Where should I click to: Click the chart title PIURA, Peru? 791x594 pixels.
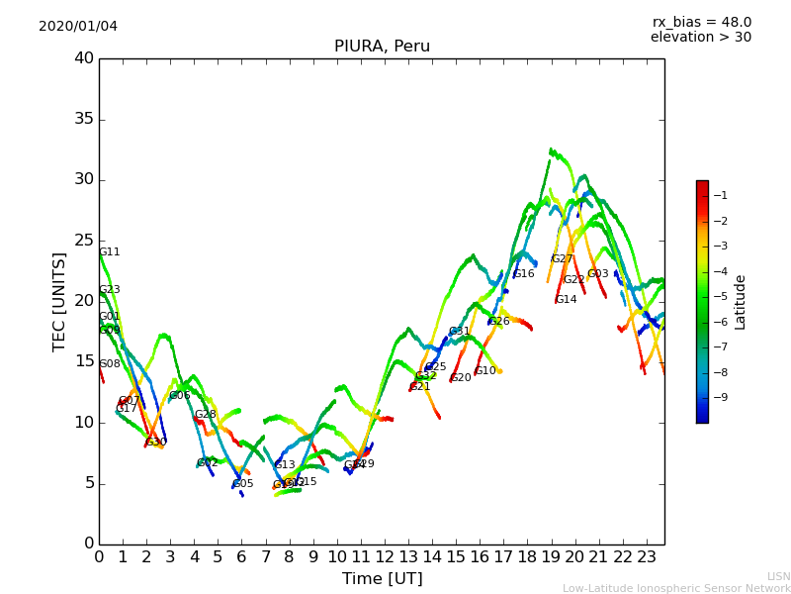pyautogui.click(x=382, y=47)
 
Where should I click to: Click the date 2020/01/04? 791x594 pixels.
pyautogui.click(x=78, y=27)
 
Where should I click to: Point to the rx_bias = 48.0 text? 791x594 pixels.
pyautogui.click(x=701, y=22)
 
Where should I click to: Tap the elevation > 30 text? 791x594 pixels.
pyautogui.click(x=700, y=38)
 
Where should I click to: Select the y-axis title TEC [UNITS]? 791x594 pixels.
pyautogui.click(x=59, y=301)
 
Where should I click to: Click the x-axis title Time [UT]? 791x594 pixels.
pyautogui.click(x=382, y=578)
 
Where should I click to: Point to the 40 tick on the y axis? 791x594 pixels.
pyautogui.click(x=84, y=58)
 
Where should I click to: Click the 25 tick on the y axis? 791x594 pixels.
pyautogui.click(x=84, y=241)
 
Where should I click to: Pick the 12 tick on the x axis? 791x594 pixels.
pyautogui.click(x=385, y=557)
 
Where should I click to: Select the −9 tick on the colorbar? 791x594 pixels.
pyautogui.click(x=721, y=397)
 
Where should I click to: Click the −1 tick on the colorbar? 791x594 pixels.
pyautogui.click(x=721, y=195)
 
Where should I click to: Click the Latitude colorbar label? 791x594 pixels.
pyautogui.click(x=740, y=301)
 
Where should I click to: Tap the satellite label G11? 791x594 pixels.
pyautogui.click(x=109, y=252)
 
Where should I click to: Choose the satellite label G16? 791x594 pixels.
pyautogui.click(x=523, y=274)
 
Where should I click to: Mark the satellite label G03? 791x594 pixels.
pyautogui.click(x=598, y=274)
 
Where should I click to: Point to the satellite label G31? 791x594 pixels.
pyautogui.click(x=460, y=332)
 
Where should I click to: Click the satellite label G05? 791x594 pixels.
pyautogui.click(x=243, y=484)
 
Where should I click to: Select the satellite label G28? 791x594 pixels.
pyautogui.click(x=205, y=415)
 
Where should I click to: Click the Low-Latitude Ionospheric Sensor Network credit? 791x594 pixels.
pyautogui.click(x=676, y=588)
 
